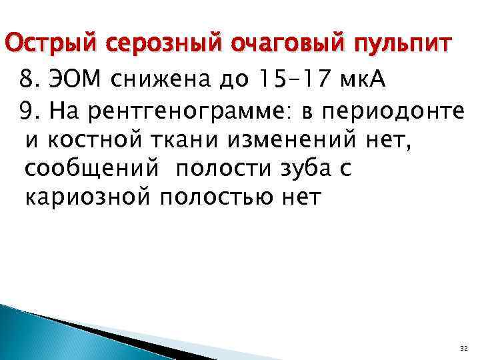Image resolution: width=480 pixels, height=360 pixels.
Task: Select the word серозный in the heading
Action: click(x=145, y=44)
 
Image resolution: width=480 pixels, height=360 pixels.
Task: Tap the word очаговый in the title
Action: click(x=265, y=44)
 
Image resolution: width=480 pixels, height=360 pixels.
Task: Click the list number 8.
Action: click(x=27, y=81)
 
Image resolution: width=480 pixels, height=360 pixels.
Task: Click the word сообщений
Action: click(x=91, y=169)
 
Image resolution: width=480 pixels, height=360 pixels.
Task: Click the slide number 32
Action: click(x=464, y=349)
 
